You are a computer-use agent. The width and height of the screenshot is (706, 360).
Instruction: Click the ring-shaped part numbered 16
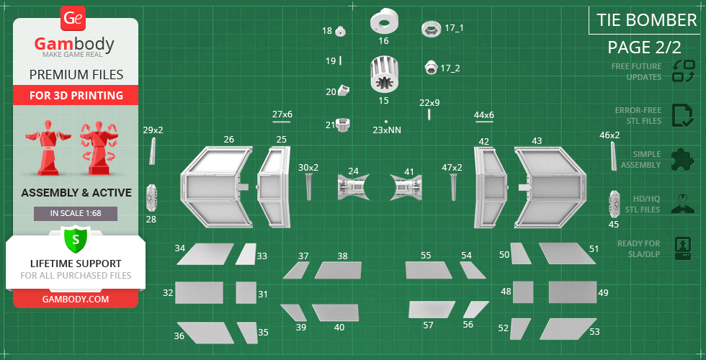384,23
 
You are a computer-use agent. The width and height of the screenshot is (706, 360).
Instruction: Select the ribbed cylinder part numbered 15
384,76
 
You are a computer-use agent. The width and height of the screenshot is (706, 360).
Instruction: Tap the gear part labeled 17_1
431,29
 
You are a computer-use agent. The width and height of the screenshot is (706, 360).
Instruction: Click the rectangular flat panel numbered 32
199,293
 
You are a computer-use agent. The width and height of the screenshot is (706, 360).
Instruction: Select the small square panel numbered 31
246,293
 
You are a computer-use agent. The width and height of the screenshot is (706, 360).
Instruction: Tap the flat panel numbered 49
572,292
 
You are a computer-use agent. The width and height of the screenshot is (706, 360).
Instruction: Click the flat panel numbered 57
432,310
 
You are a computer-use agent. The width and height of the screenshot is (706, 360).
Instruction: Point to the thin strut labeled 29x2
152,151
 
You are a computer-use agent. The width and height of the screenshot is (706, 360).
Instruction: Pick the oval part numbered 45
615,204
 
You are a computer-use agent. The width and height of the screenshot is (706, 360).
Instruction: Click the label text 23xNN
387,130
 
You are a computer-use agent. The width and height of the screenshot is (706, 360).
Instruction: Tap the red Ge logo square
73,19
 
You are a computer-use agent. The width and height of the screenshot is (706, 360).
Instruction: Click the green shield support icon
75,238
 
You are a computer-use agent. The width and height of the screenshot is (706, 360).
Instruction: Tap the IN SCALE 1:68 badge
75,214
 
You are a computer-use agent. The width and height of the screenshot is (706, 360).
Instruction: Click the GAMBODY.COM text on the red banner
75,299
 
